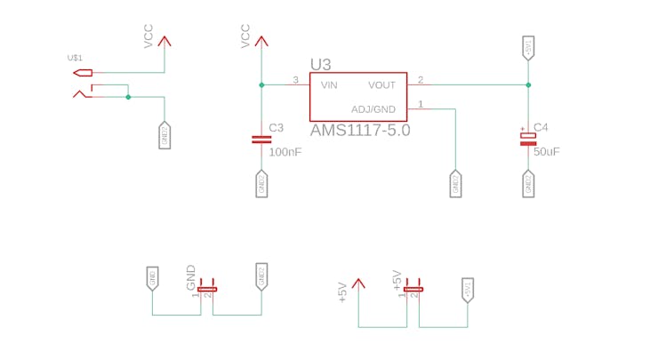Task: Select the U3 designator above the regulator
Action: click(x=320, y=64)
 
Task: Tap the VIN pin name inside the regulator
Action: click(x=329, y=85)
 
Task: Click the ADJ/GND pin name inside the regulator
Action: click(x=373, y=109)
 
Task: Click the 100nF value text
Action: click(x=285, y=152)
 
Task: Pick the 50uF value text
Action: click(x=547, y=152)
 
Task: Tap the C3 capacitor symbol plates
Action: click(x=261, y=139)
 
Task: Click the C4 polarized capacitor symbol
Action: click(x=528, y=136)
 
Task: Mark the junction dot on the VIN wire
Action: click(x=261, y=85)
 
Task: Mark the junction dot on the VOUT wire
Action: click(x=528, y=85)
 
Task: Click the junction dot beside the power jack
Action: click(x=128, y=97)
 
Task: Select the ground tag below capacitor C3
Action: click(x=261, y=184)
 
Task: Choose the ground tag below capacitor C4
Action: click(x=528, y=184)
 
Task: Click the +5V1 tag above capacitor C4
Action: click(x=528, y=48)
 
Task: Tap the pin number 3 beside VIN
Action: click(x=296, y=81)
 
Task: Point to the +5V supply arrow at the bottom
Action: click(x=358, y=284)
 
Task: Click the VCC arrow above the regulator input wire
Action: click(x=261, y=40)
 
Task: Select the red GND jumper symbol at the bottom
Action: click(x=207, y=289)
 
